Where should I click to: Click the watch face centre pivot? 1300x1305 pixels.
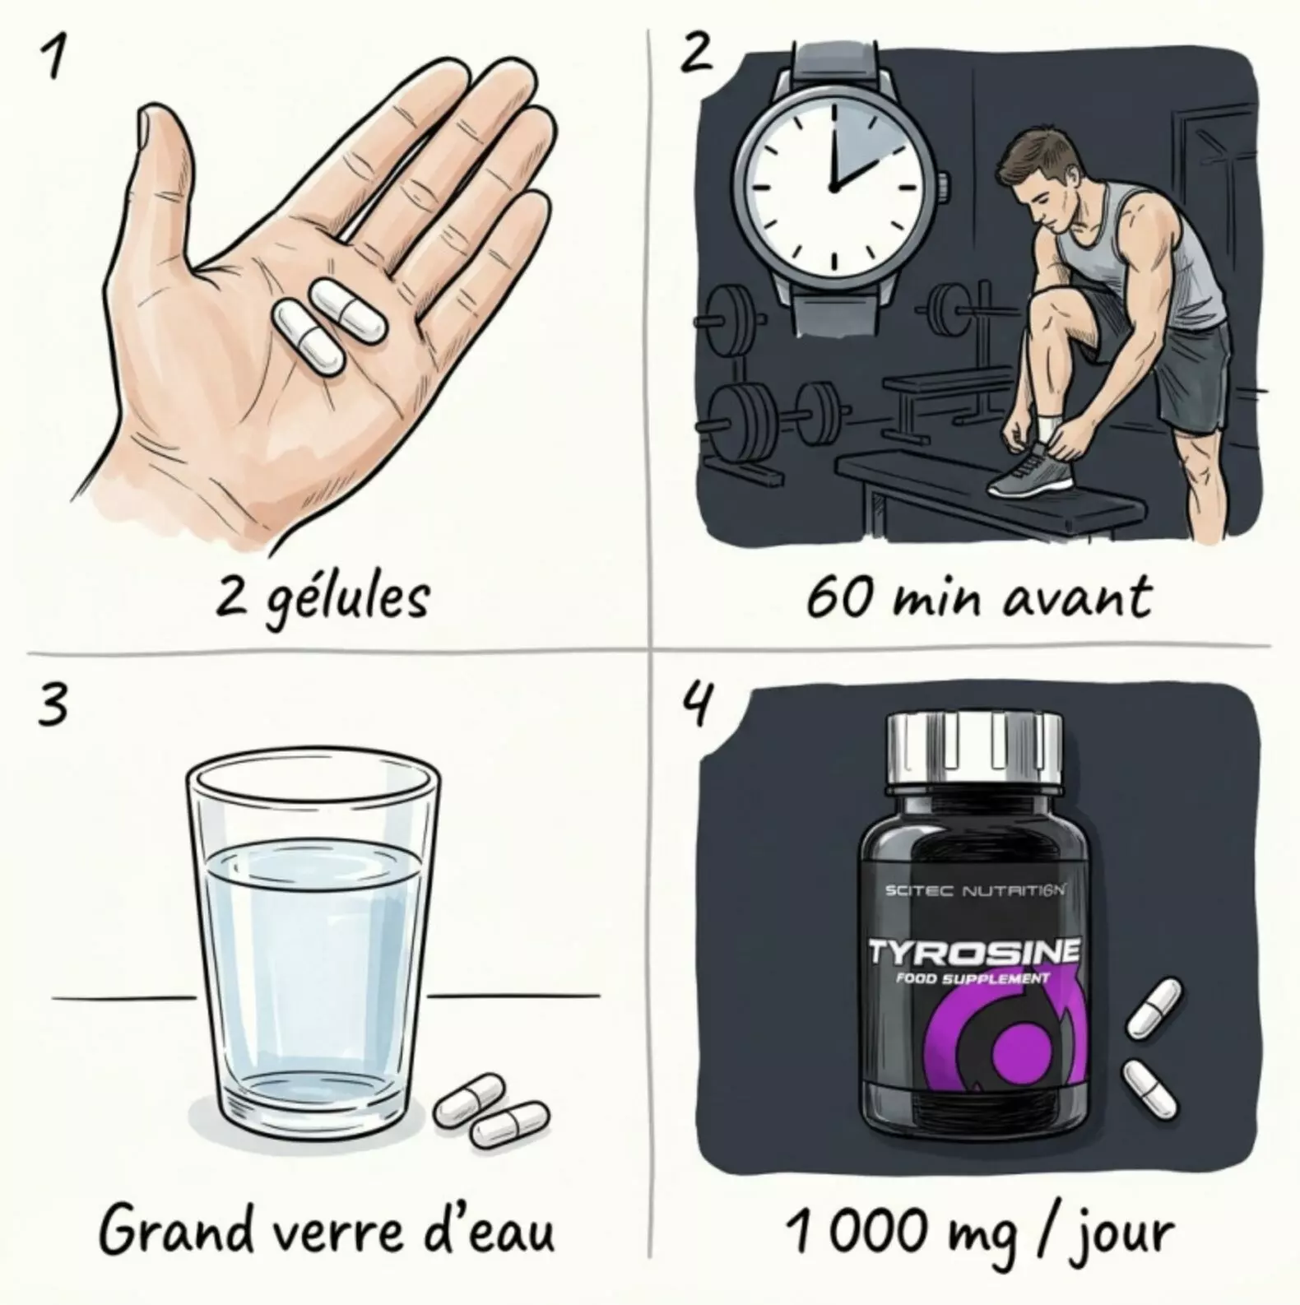834,188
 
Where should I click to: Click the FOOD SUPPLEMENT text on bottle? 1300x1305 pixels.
973,978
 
